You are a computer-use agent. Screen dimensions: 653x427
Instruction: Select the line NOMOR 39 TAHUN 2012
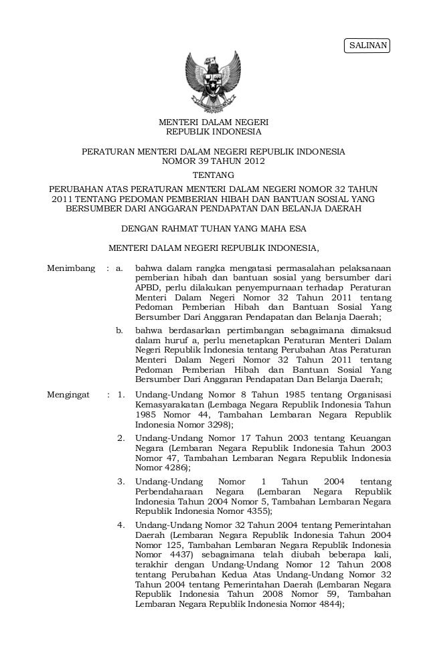(213, 162)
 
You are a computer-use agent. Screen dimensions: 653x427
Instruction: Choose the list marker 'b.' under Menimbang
(120, 330)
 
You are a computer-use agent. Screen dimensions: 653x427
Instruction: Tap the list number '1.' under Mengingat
(120, 395)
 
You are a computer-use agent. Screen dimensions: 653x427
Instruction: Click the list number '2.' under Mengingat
(120, 438)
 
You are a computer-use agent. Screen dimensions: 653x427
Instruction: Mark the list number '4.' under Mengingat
(120, 524)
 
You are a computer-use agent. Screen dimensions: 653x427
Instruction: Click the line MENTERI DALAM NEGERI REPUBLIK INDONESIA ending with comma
(213, 250)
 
